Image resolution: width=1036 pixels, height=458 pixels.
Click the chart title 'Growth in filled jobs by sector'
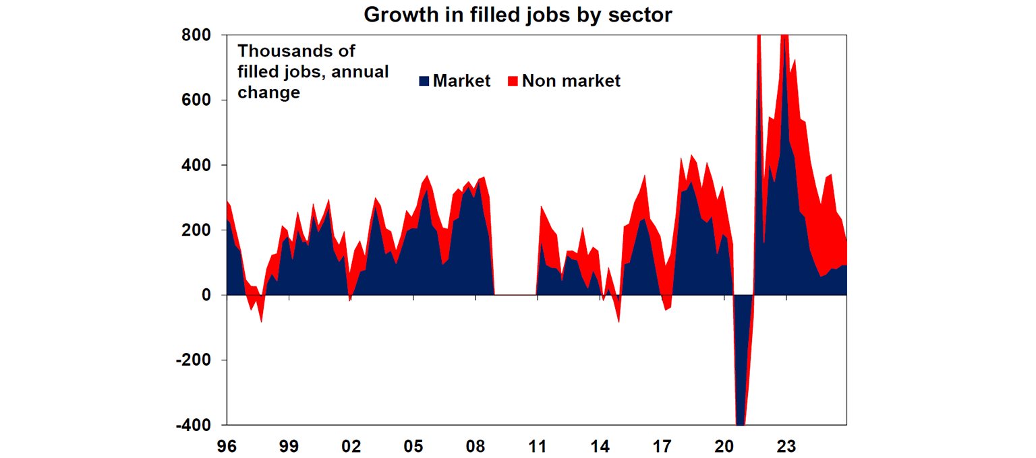518,14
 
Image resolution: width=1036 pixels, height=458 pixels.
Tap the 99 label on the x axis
289,445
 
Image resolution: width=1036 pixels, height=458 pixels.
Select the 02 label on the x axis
351,445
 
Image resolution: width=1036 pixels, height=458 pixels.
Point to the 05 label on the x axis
413,445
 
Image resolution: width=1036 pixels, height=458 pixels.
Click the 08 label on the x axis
476,445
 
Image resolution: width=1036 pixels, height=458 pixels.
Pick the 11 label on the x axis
538,445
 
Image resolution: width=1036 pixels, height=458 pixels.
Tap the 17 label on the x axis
662,445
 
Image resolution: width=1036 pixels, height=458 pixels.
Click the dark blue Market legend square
424,81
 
